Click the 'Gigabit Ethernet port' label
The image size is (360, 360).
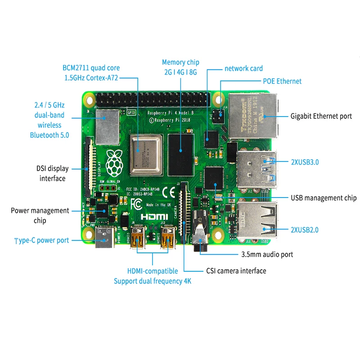click(321, 116)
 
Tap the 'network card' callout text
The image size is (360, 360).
click(243, 68)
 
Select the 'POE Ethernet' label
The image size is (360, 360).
click(282, 81)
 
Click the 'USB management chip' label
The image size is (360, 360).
click(324, 198)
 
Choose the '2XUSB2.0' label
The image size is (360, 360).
click(304, 230)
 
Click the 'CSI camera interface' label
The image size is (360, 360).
click(236, 271)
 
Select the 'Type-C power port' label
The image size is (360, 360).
click(41, 240)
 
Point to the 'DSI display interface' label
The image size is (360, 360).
click(53, 174)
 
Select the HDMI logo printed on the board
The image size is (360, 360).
click(154, 217)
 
